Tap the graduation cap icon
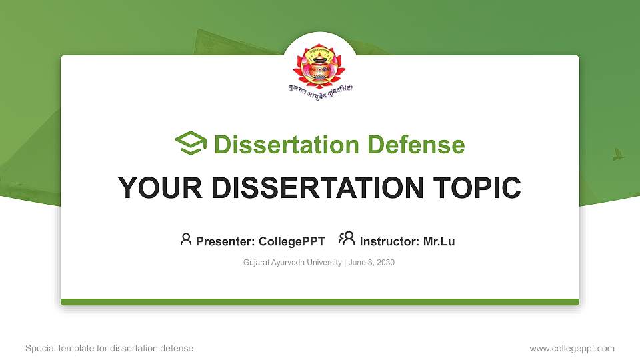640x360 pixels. coord(191,143)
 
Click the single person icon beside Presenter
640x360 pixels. coord(186,239)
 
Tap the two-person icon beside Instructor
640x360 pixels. coord(347,239)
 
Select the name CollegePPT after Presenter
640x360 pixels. coord(291,241)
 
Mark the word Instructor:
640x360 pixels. coord(390,241)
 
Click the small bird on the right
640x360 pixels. coord(618,155)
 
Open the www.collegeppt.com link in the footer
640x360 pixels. coord(572,348)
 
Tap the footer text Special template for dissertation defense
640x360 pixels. coord(109,348)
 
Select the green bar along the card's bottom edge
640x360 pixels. coord(320,302)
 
